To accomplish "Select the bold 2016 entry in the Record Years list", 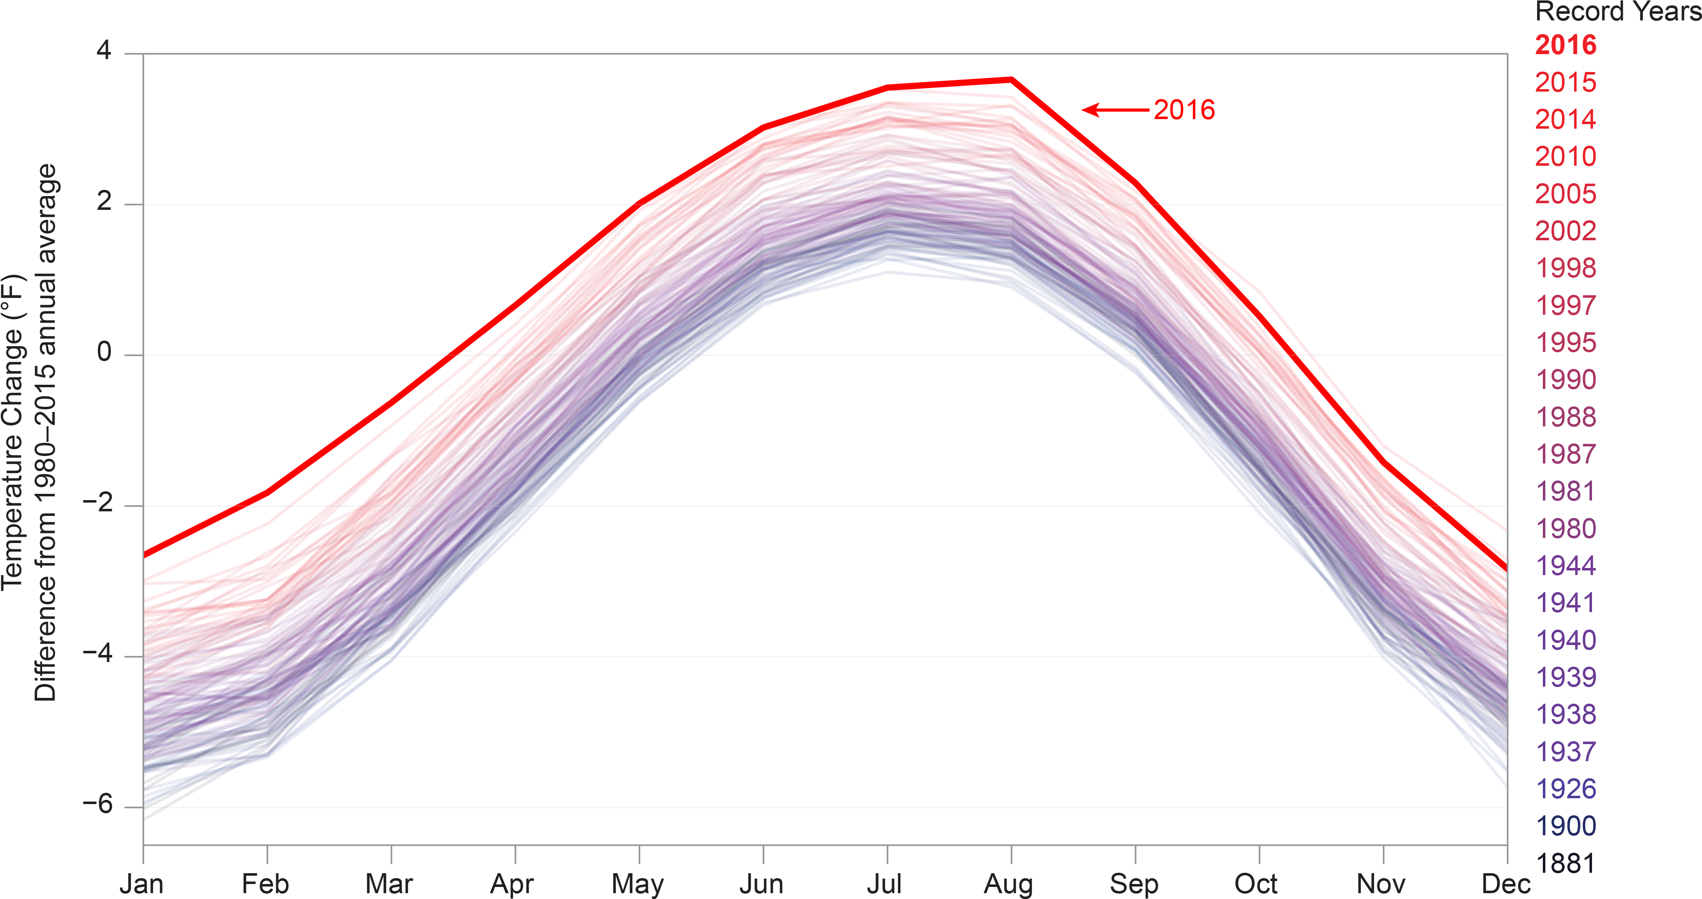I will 1565,45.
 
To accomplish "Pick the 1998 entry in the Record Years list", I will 1565,268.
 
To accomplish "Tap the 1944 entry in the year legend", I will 1565,566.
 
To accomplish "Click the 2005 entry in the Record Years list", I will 1565,194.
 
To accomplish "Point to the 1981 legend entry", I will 1565,491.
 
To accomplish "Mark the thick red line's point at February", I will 267,493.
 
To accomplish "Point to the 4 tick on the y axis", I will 104,51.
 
